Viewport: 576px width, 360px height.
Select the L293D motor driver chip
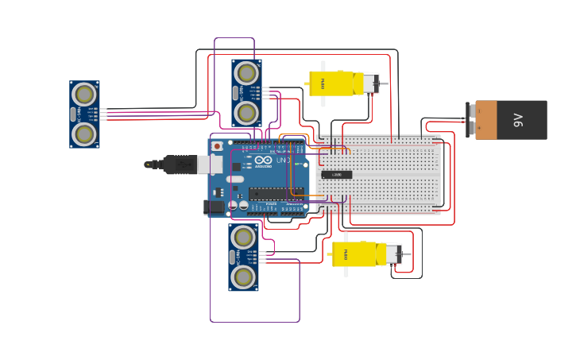[337, 175]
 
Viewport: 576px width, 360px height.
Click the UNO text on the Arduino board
[284, 161]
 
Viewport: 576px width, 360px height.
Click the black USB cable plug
[179, 165]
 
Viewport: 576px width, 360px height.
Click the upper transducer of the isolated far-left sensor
[84, 95]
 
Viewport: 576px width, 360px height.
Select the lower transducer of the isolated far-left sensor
[84, 134]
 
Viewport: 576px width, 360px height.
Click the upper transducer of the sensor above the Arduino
[246, 73]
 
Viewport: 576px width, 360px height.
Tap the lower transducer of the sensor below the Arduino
[244, 277]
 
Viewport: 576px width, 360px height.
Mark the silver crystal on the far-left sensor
[74, 114]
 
